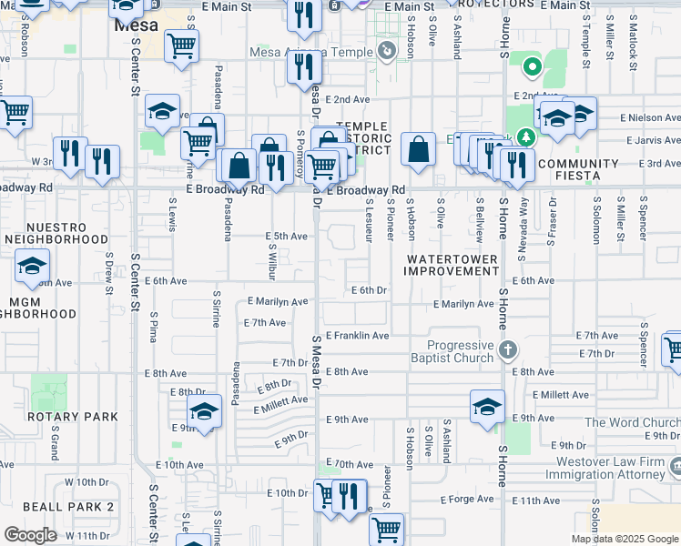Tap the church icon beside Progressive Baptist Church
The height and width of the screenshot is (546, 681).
pyautogui.click(x=509, y=349)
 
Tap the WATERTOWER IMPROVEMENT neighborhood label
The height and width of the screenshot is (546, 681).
pyautogui.click(x=452, y=265)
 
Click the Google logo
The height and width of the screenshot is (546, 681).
pyautogui.click(x=30, y=535)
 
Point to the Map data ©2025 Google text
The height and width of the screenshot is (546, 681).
pyautogui.click(x=625, y=539)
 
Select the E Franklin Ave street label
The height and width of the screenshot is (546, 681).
pyautogui.click(x=357, y=336)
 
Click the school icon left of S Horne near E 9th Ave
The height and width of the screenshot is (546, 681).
pyautogui.click(x=487, y=406)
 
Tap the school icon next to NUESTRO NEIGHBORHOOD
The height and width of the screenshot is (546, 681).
pyautogui.click(x=32, y=267)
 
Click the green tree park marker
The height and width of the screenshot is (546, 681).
pyautogui.click(x=525, y=136)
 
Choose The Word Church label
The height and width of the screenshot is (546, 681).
pyautogui.click(x=631, y=422)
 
